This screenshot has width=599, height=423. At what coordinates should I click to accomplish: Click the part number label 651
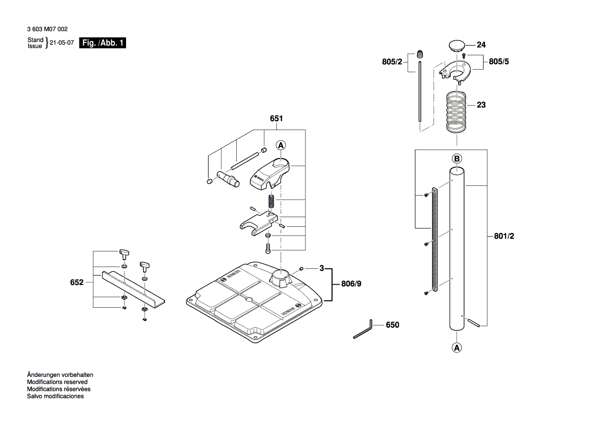point(276,118)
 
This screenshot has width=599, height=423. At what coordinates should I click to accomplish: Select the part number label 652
point(77,282)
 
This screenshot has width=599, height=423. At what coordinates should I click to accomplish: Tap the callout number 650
point(392,325)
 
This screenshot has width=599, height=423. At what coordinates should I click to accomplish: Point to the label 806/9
point(351,284)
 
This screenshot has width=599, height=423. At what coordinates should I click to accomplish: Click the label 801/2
point(504,236)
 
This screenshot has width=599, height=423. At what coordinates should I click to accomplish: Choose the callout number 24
point(481,45)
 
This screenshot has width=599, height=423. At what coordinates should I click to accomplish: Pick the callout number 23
point(481,105)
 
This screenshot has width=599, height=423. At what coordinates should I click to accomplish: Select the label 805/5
point(499,61)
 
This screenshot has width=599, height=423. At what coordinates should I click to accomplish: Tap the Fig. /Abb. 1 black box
point(102,44)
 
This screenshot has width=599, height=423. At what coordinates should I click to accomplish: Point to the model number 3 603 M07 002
point(47,30)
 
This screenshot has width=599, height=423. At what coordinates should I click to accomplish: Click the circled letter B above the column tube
point(457,158)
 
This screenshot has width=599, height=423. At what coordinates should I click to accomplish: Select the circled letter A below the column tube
point(457,348)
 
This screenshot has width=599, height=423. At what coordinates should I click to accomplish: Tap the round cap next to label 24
point(456,45)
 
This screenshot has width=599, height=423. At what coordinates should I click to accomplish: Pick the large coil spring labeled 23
point(457,111)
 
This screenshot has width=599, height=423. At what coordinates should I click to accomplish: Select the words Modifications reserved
point(57,382)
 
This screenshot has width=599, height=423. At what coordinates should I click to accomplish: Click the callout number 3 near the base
point(321,268)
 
